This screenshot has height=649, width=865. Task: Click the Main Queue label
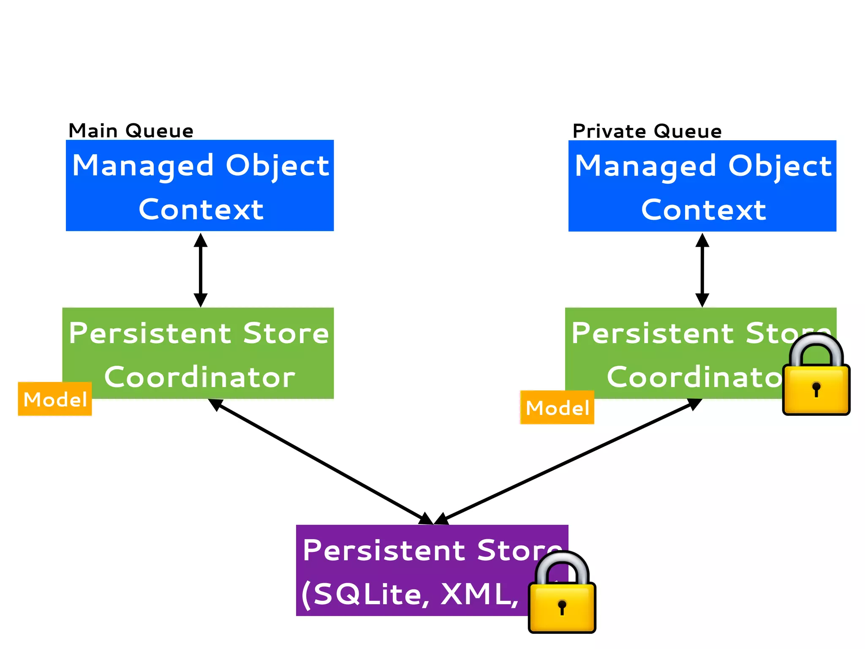click(131, 131)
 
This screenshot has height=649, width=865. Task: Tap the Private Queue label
click(647, 131)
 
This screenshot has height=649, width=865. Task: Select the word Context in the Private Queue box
click(703, 210)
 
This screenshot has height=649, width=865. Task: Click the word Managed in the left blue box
click(143, 166)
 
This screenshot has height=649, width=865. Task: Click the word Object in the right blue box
click(780, 166)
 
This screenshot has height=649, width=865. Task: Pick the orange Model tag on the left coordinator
click(55, 399)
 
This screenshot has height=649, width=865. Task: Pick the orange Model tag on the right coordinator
click(557, 408)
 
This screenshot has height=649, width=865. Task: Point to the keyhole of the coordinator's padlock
click(816, 389)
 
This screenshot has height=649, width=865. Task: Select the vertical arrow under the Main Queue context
click(201, 270)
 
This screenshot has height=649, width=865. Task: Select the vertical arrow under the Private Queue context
click(702, 270)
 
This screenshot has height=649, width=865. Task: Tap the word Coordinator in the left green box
click(199, 377)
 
